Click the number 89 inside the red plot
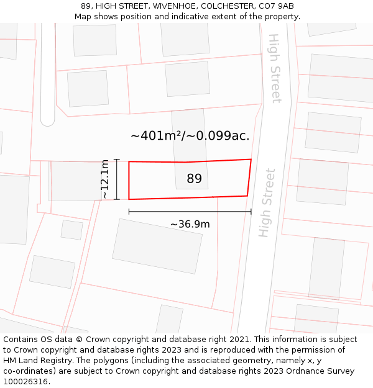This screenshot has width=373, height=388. [194, 179]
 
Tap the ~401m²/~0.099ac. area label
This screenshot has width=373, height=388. [190, 135]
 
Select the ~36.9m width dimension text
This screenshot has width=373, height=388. [190, 224]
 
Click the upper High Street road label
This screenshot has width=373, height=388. [275, 68]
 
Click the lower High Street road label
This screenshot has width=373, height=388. [267, 202]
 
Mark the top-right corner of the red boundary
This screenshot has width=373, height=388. [251, 160]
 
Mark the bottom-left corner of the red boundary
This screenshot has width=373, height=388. [129, 199]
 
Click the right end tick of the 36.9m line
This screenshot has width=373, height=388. [251, 212]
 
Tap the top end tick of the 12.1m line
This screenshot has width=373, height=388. [116, 160]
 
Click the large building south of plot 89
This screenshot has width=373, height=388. [157, 246]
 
